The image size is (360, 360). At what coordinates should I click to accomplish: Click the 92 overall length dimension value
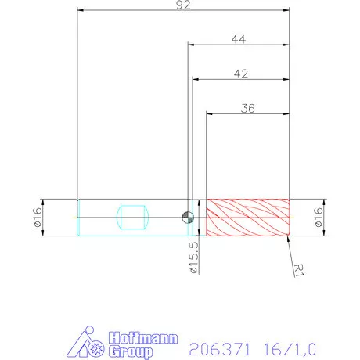pyautogui.click(x=185, y=5)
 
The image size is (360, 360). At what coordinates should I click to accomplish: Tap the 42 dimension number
pyautogui.click(x=242, y=74)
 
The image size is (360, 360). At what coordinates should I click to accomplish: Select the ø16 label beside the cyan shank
pyautogui.click(x=38, y=217)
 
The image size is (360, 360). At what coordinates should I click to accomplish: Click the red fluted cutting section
pyautogui.click(x=247, y=217)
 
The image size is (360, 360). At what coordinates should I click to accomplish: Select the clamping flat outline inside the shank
pyautogui.click(x=132, y=217)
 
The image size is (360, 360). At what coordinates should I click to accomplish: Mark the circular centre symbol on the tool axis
pyautogui.click(x=187, y=217)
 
